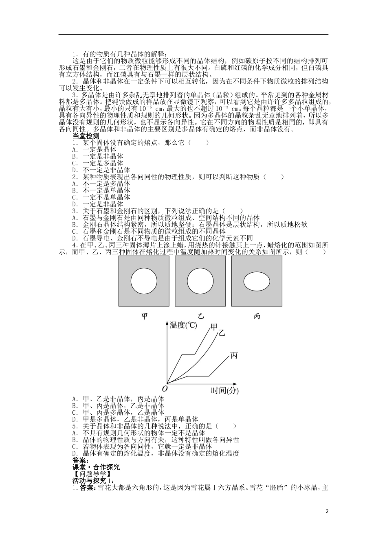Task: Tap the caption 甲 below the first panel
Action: [144, 316]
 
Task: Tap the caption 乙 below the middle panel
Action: [200, 316]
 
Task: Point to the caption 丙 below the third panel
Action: [257, 316]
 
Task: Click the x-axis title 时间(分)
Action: [225, 391]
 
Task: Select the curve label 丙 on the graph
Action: [234, 355]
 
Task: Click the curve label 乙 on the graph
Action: [222, 333]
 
